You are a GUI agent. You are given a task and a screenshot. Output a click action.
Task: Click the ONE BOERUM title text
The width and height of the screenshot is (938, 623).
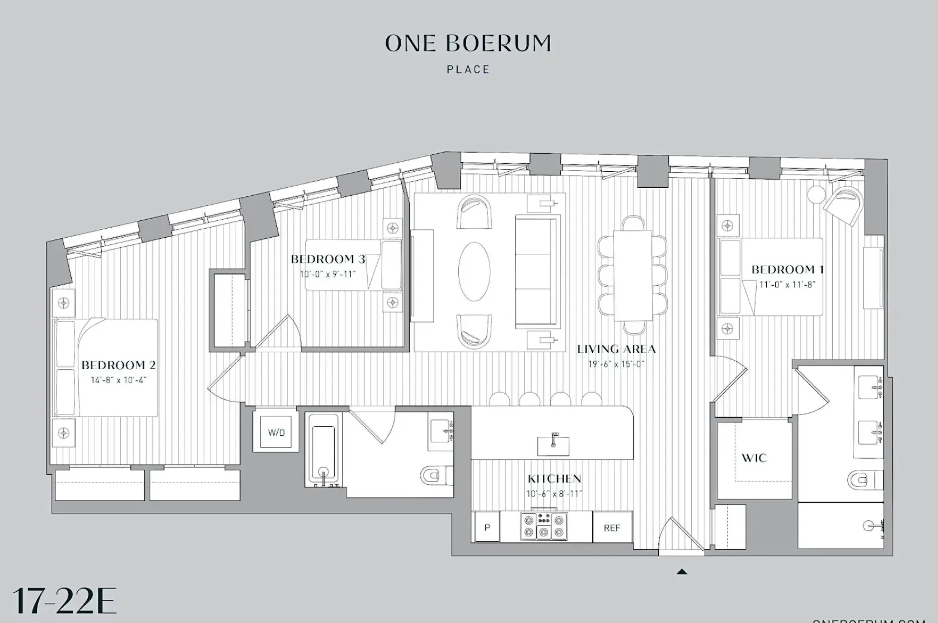468,44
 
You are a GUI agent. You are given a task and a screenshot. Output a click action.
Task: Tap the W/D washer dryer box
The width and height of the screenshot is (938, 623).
276,432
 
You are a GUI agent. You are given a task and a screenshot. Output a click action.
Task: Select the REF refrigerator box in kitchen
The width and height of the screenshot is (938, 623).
612,528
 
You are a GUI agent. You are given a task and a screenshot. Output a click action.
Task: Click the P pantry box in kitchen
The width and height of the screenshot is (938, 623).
487,527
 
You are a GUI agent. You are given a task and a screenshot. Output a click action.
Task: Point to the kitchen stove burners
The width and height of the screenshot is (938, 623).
543,526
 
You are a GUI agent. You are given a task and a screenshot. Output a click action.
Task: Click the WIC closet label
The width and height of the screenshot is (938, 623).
754,458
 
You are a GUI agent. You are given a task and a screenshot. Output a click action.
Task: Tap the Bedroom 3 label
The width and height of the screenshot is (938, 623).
328,259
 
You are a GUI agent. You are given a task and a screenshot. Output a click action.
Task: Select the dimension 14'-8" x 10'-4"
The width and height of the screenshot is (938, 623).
119,380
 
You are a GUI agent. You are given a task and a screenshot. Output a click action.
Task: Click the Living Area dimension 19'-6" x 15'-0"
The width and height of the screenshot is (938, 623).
616,364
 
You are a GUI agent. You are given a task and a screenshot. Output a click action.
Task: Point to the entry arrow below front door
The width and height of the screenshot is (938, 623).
682,572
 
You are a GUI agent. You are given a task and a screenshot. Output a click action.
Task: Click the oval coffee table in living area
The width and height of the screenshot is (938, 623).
474,272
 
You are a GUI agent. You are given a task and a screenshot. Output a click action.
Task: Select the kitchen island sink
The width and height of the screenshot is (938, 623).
553,446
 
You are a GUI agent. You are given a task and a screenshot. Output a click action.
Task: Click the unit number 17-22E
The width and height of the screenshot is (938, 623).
64,601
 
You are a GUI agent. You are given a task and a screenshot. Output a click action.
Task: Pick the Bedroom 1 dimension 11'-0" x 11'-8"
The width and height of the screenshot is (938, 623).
787,284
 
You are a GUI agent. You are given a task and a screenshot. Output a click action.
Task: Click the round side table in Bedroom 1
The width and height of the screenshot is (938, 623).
816,194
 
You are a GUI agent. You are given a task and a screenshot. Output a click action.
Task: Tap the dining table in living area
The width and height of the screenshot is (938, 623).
633,275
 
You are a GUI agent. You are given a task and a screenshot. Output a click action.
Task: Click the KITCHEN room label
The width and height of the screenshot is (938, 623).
554,479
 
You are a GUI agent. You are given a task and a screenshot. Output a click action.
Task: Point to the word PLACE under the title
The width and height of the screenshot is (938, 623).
468,70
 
